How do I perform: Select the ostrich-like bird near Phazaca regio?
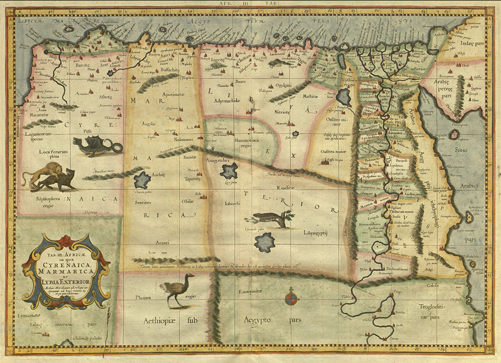click(x=172, y=289)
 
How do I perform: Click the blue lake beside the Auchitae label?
click(x=143, y=180)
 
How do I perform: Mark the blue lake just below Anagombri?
click(x=230, y=172)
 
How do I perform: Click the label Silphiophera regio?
click(x=41, y=202)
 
